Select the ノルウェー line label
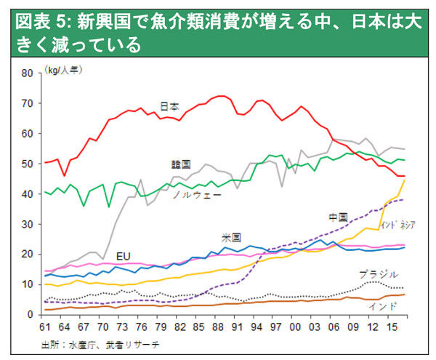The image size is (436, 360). pyautogui.click(x=197, y=195)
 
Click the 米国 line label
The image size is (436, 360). pyautogui.click(x=232, y=238)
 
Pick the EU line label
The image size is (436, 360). pyautogui.click(x=124, y=255)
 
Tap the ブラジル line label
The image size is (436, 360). pyautogui.click(x=378, y=274)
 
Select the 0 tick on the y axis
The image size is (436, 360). pyautogui.click(x=32, y=314)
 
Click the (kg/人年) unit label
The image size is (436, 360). pyautogui.click(x=65, y=69)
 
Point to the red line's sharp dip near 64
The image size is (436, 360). pyautogui.click(x=65, y=175)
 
